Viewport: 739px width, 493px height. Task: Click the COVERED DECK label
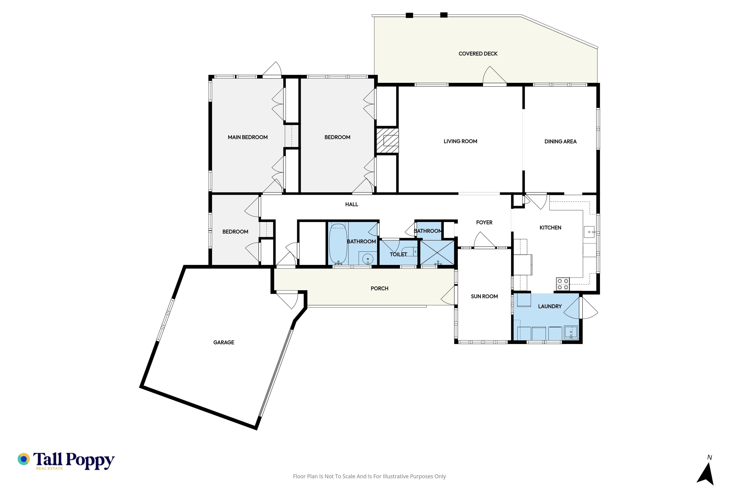(478, 54)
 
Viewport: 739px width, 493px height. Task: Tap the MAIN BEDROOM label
(248, 137)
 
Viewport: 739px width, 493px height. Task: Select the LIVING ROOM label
(460, 142)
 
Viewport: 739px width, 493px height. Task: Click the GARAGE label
(224, 342)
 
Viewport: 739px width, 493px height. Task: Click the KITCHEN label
(550, 228)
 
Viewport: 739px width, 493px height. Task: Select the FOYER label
(484, 223)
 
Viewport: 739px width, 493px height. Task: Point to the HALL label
(352, 204)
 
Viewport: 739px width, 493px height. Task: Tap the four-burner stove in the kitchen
(563, 284)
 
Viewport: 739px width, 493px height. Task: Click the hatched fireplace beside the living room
(387, 141)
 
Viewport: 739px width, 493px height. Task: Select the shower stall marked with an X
(437, 252)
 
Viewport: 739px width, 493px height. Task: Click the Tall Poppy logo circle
(23, 459)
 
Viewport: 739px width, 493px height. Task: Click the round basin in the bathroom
(368, 259)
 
